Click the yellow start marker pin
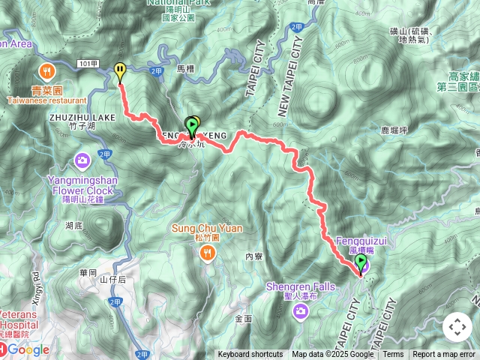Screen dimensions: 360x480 120,72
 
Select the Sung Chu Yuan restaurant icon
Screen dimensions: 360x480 206,253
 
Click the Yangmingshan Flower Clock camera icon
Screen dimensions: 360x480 82,160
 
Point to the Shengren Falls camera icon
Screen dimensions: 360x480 301,310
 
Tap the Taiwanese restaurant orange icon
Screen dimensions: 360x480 46,72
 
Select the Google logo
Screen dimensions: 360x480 28,349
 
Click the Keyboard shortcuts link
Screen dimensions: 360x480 250,355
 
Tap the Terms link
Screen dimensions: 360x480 393,355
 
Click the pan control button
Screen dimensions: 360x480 457,327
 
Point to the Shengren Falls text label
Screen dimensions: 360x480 298,286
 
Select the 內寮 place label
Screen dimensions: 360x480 253,256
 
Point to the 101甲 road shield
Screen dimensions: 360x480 88,63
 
